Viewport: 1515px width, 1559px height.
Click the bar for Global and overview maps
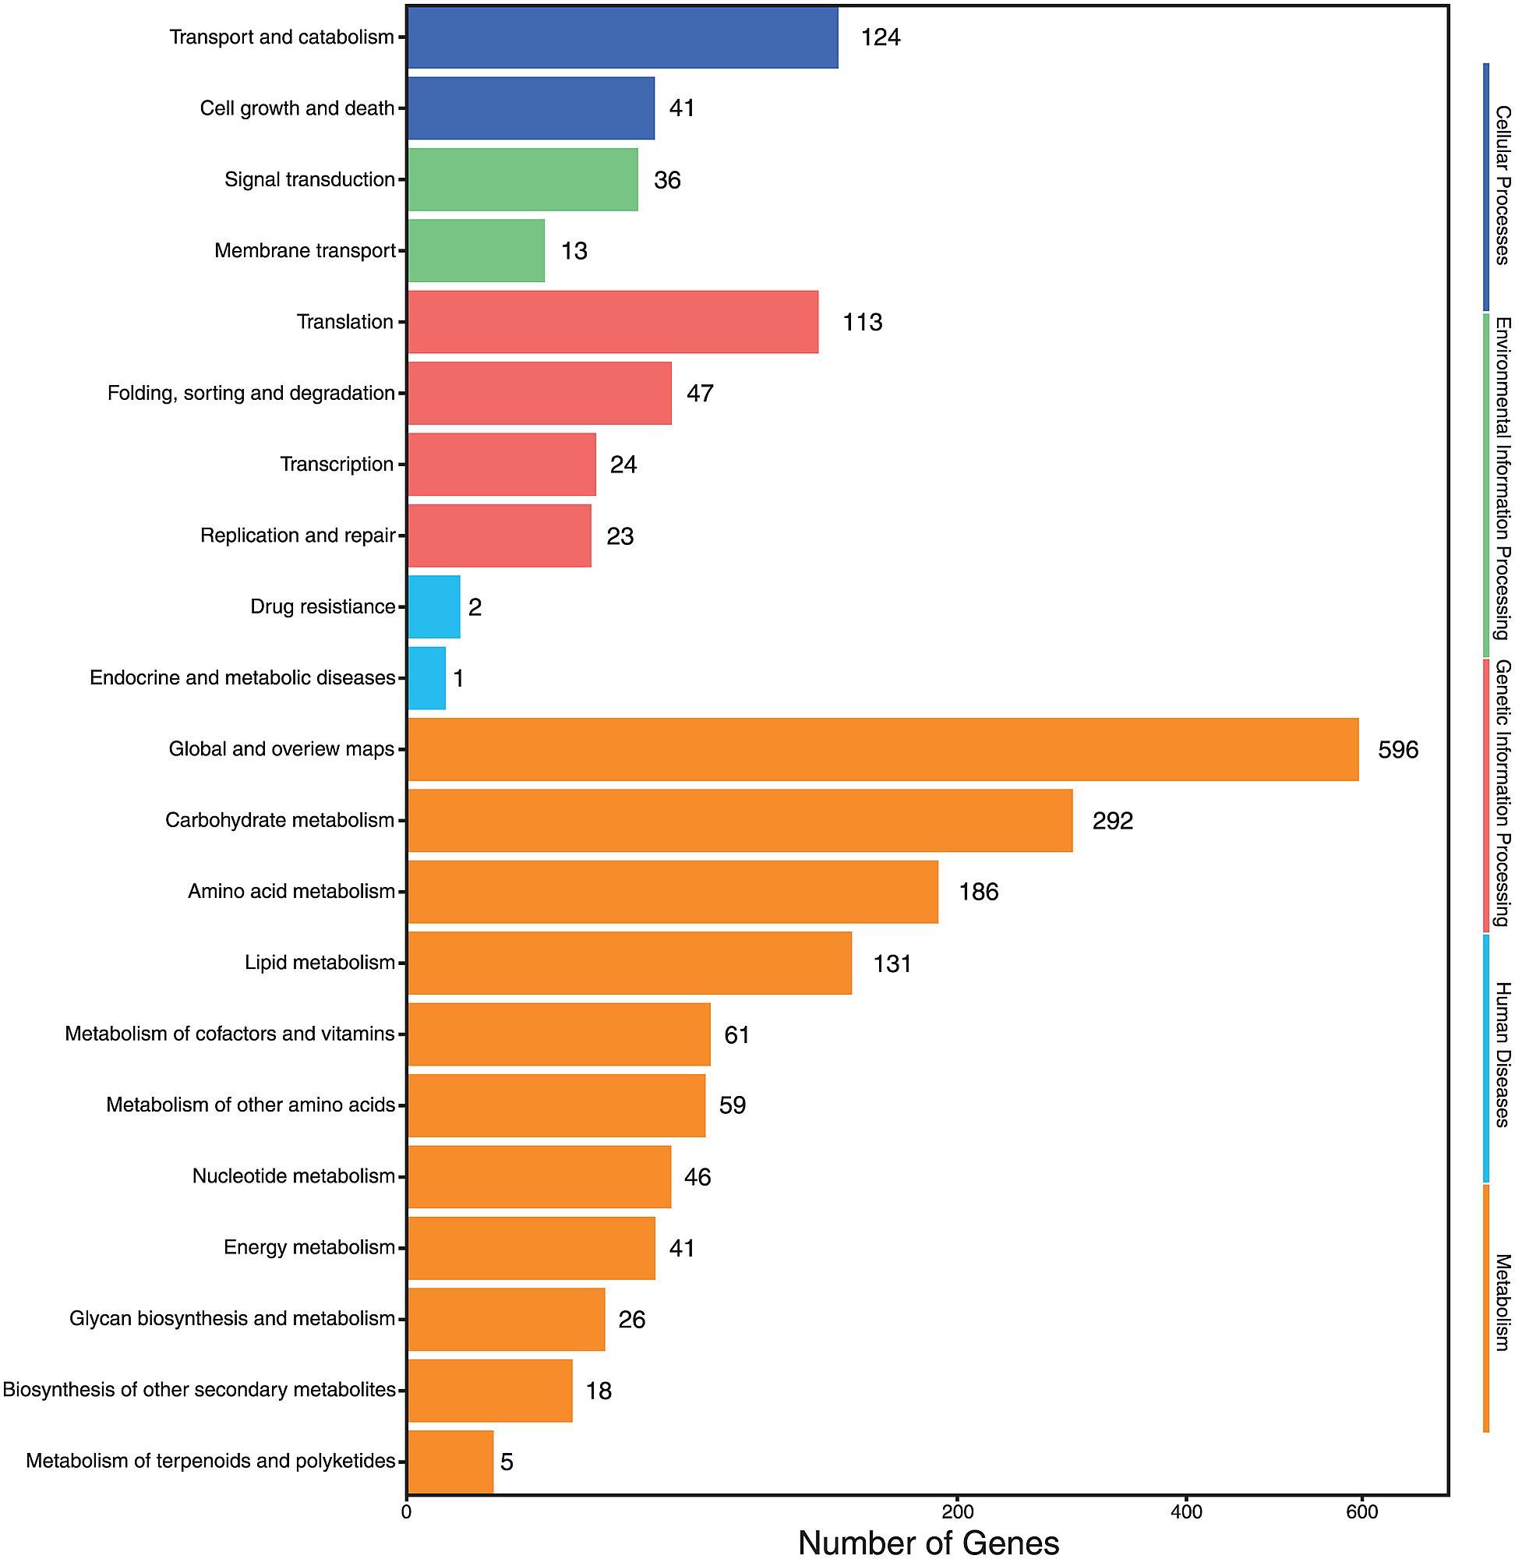tap(882, 749)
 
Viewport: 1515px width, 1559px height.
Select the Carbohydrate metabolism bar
tap(740, 821)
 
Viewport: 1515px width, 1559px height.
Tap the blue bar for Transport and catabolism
tap(622, 37)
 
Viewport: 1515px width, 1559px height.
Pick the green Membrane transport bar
tap(476, 251)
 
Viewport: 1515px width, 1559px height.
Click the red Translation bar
tap(613, 321)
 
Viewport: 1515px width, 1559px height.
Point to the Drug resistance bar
tap(433, 606)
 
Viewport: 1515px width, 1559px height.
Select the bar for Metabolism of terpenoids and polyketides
tap(450, 1462)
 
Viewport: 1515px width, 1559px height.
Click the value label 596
tap(1398, 750)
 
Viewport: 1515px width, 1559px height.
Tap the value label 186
tap(978, 892)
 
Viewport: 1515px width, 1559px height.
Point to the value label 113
tap(863, 322)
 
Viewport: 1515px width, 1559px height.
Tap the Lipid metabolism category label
tap(320, 963)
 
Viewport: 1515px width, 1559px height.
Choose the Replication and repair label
tap(298, 536)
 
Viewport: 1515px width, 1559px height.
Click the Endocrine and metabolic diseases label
tap(242, 678)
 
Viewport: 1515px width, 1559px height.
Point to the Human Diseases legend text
tap(1502, 1055)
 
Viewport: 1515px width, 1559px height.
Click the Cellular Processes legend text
tap(1502, 185)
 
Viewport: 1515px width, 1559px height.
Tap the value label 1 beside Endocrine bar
tap(458, 679)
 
